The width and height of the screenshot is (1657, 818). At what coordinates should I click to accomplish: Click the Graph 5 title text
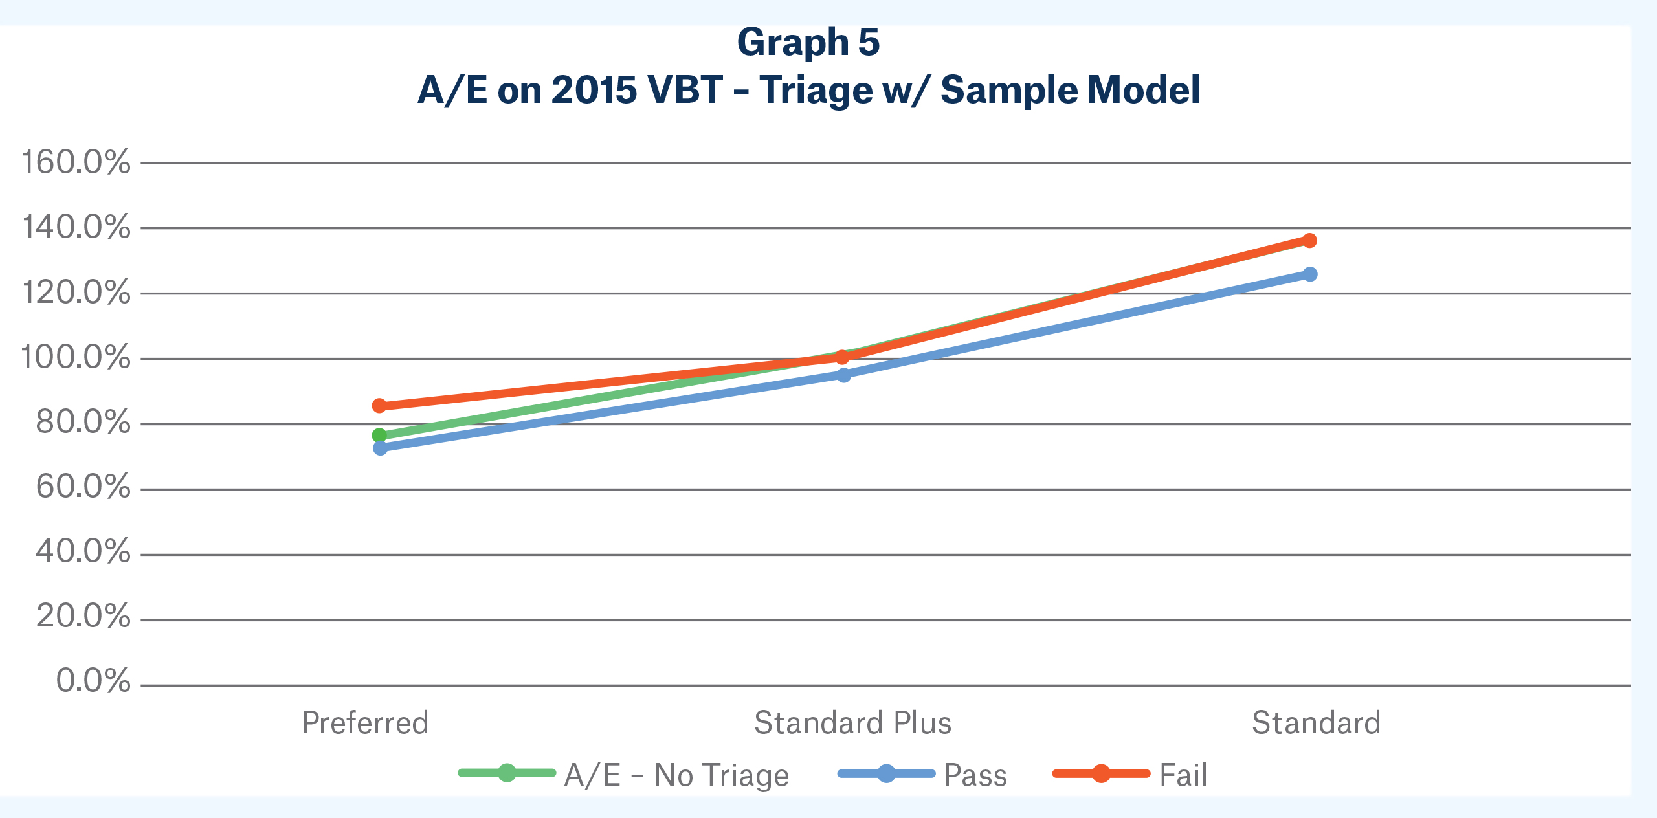(x=808, y=43)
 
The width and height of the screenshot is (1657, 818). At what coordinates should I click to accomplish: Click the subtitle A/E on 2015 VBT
(x=808, y=89)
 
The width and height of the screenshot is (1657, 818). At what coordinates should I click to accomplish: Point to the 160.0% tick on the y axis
(x=76, y=162)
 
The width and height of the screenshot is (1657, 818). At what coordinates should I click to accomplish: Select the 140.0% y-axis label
(x=76, y=227)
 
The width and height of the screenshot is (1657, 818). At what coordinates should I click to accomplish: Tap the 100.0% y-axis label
(x=76, y=357)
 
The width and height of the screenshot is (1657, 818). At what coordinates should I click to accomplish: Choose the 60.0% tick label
(x=83, y=487)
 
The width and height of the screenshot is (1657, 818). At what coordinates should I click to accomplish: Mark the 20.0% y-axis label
(x=83, y=617)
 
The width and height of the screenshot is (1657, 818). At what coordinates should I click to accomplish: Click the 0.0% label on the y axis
(x=93, y=681)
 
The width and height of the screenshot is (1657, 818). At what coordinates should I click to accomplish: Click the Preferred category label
(x=365, y=723)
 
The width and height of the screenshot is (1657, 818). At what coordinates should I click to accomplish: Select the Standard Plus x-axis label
(x=852, y=723)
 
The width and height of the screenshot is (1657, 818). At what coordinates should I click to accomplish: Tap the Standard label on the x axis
(x=1316, y=723)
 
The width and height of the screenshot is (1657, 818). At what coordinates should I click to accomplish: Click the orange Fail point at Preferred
(x=379, y=406)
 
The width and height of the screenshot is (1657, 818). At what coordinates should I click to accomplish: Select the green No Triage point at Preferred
(x=379, y=436)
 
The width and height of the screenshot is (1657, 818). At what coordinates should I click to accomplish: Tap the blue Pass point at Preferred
(x=380, y=448)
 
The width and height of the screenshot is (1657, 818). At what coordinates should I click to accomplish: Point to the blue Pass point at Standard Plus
(x=843, y=375)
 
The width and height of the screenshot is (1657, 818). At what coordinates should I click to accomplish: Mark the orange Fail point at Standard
(x=1309, y=241)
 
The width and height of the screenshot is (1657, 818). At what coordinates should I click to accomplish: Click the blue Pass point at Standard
(x=1310, y=274)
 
